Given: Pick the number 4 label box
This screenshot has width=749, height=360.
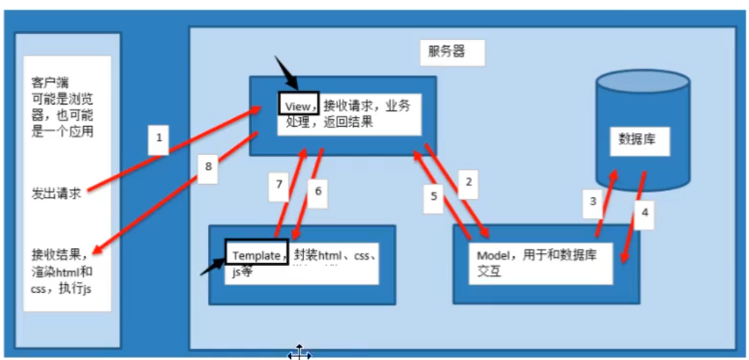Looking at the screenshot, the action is [x=645, y=212].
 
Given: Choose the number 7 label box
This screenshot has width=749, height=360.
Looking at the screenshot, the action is [x=279, y=185].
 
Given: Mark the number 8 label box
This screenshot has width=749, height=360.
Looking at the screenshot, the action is [x=209, y=167].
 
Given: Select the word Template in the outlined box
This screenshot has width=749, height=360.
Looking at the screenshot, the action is [x=256, y=255].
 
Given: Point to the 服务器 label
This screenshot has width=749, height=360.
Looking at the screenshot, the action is [x=447, y=53].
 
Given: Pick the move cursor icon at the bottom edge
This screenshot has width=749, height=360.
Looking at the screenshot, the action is [x=299, y=353].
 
